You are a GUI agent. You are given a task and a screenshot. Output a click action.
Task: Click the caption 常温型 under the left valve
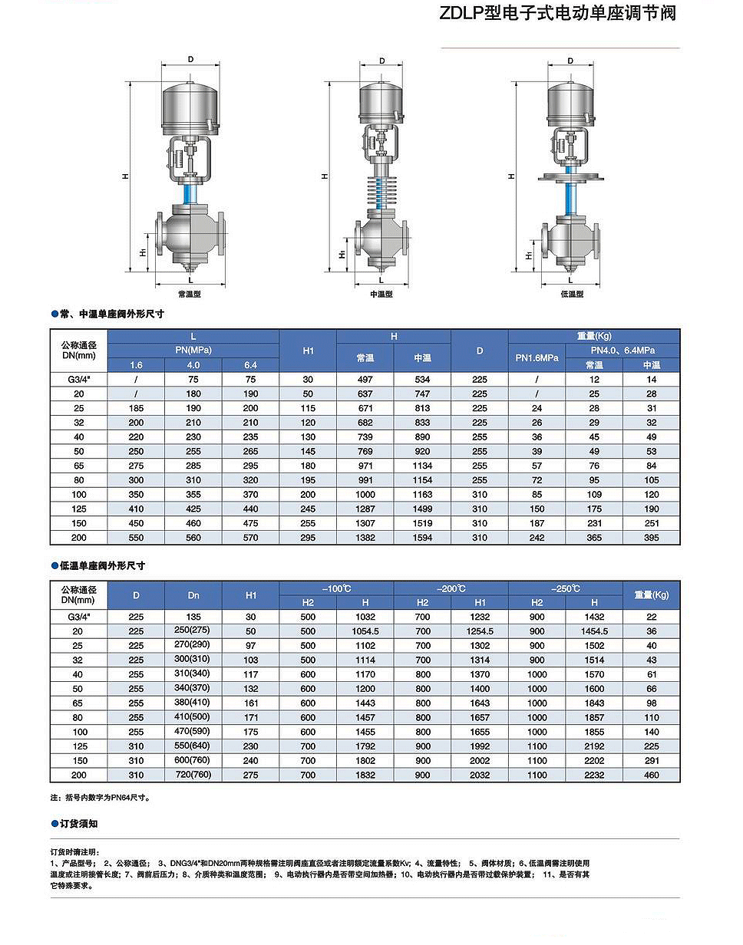tap(189, 294)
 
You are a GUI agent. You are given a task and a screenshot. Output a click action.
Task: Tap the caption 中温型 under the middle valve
tap(381, 294)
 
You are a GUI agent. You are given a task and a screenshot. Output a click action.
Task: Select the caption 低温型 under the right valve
tap(572, 294)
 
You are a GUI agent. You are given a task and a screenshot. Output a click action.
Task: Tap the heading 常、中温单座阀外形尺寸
tap(112, 314)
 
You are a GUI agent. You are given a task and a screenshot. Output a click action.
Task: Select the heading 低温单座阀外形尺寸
tap(102, 565)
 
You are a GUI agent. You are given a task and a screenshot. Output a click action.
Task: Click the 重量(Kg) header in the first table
tap(593, 336)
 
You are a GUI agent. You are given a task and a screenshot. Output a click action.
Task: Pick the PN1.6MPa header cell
tap(537, 357)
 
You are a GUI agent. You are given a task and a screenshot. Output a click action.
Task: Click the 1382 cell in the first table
tap(365, 538)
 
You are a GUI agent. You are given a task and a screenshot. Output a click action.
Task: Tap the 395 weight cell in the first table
tap(651, 538)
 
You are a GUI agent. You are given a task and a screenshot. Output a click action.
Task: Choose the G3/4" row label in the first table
tap(79, 379)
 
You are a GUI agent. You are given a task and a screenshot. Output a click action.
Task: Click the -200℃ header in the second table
tap(451, 588)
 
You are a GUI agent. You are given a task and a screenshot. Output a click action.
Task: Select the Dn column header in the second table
tap(193, 594)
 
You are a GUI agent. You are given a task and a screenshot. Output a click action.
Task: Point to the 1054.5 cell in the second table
tap(365, 631)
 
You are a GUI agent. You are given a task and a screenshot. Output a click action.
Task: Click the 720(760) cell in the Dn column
tap(193, 775)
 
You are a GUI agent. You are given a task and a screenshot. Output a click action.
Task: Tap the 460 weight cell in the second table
tap(651, 775)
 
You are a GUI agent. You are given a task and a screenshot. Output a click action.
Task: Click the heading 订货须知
tap(78, 824)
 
